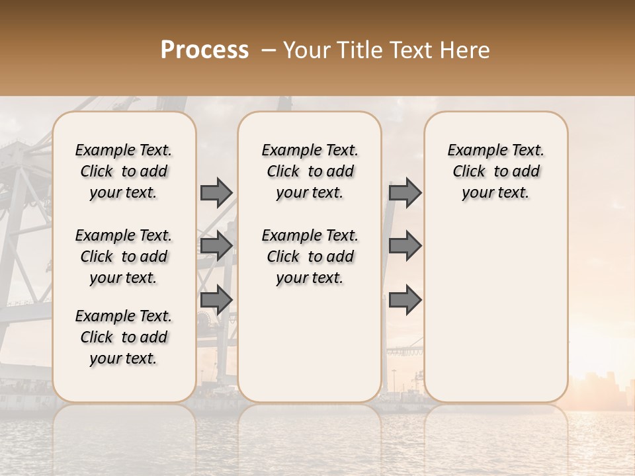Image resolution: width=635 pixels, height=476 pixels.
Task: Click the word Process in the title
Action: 204,50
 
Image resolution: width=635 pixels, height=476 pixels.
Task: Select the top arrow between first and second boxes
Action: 216,192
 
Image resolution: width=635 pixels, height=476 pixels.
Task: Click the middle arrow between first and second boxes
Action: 216,246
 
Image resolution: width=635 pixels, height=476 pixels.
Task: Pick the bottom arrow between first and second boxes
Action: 216,299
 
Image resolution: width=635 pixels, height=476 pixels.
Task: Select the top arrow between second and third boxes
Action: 405,192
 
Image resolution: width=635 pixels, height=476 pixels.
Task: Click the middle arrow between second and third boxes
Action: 405,246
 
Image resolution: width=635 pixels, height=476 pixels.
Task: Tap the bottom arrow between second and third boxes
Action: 405,299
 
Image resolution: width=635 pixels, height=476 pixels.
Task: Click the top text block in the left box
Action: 124,171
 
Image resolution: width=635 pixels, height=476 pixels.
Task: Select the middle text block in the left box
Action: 124,257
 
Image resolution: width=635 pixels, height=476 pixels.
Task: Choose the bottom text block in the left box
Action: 124,337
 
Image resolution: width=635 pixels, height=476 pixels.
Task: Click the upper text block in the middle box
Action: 310,171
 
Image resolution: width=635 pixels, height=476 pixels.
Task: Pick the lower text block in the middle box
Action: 310,257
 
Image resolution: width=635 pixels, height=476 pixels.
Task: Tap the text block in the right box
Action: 495,171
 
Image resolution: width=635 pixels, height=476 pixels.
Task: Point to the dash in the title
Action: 269,50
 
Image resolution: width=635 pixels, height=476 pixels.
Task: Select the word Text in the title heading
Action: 412,50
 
